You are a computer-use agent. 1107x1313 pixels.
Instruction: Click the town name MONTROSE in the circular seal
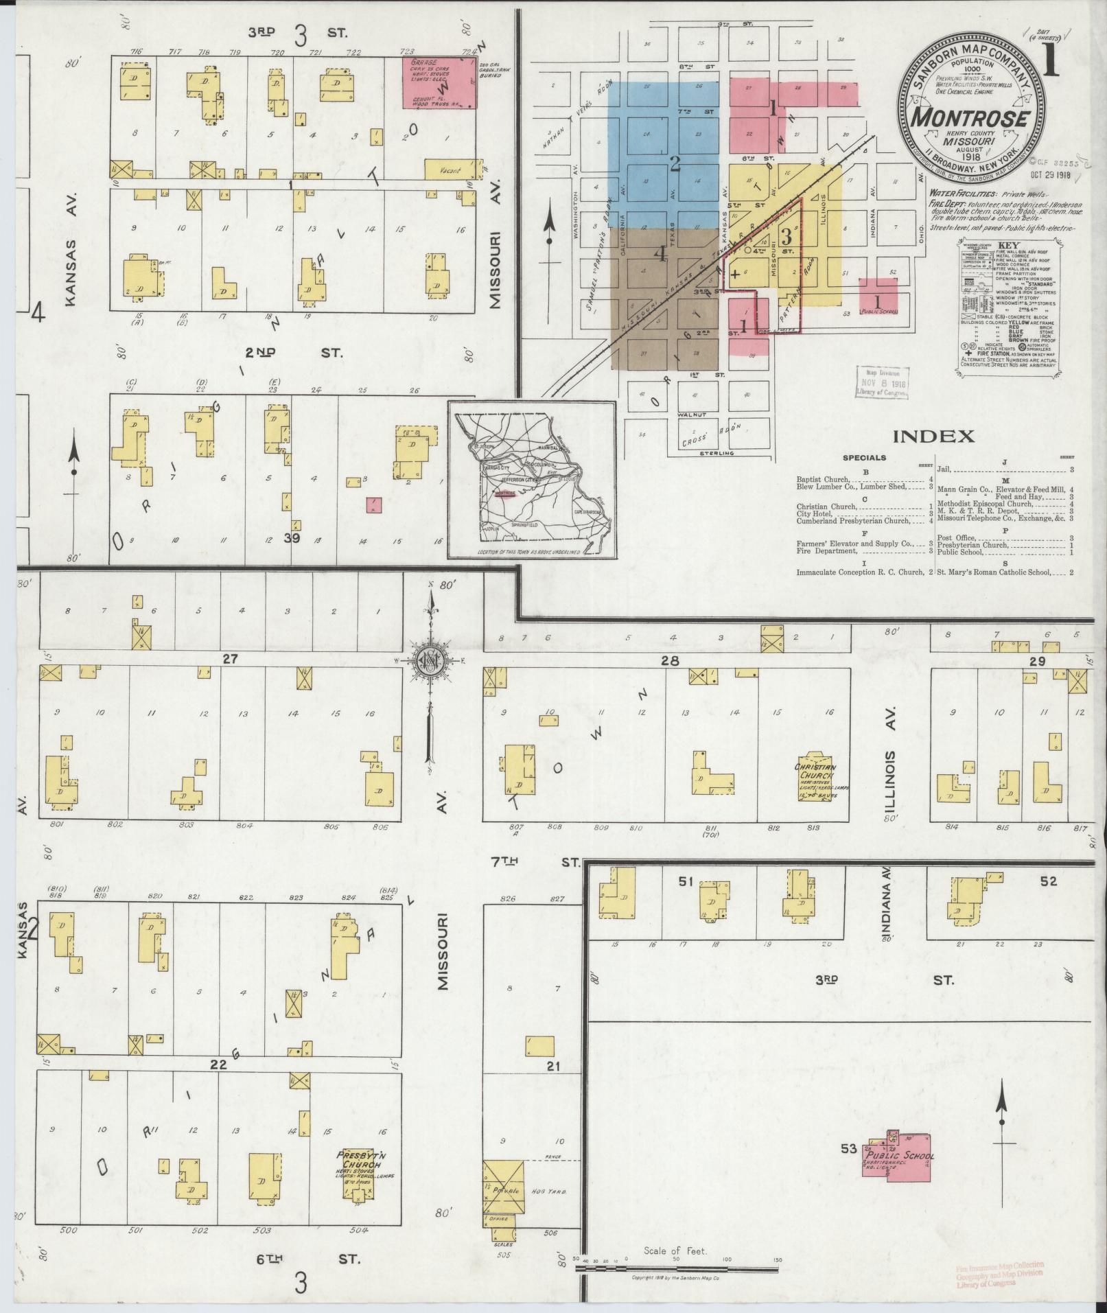(970, 117)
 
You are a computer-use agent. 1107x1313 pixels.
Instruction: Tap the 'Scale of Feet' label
(675, 1251)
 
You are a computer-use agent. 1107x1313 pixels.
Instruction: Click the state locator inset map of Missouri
(532, 480)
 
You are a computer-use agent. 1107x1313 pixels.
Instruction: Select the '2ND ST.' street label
(296, 352)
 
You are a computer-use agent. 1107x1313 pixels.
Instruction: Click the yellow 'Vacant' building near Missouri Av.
(450, 167)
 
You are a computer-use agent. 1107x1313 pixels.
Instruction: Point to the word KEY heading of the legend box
(1007, 244)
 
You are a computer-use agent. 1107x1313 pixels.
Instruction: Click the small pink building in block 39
(374, 505)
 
